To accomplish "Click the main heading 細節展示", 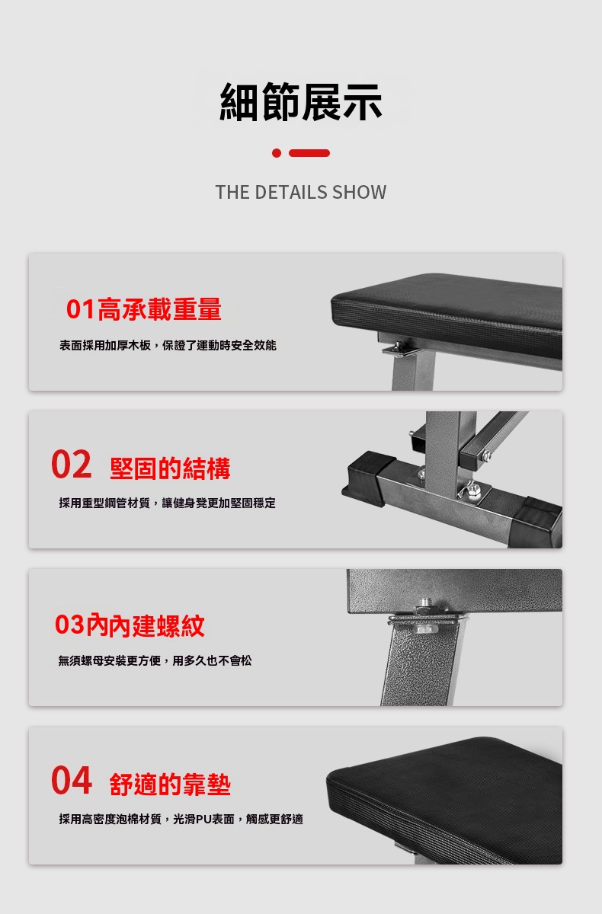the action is (301, 101).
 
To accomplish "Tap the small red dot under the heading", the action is (277, 153).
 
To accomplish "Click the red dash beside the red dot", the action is (309, 153).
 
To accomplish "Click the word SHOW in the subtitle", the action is (359, 192).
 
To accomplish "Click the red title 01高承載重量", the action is (144, 309).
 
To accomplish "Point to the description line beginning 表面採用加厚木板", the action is (168, 345).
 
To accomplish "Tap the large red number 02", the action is (72, 464).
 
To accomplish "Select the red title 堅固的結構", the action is (170, 468).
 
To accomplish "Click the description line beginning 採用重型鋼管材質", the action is (168, 503).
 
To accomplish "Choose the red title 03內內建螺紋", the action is (130, 625).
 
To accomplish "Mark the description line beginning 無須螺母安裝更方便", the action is (155, 660).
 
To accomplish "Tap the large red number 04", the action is (72, 780).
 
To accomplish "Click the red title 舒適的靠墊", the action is (170, 784).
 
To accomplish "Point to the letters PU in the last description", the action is (203, 819).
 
